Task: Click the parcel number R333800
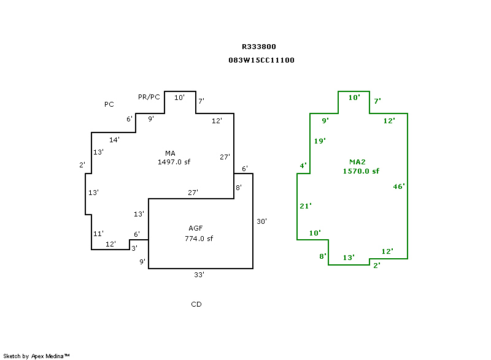click(258, 47)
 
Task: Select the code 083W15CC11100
click(261, 60)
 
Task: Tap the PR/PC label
click(149, 97)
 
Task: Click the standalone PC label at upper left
click(109, 104)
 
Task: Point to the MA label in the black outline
click(170, 153)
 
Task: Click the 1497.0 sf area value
click(174, 162)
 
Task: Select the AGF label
click(196, 228)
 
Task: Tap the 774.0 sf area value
click(199, 239)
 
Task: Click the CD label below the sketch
click(196, 304)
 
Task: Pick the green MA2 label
click(357, 162)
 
